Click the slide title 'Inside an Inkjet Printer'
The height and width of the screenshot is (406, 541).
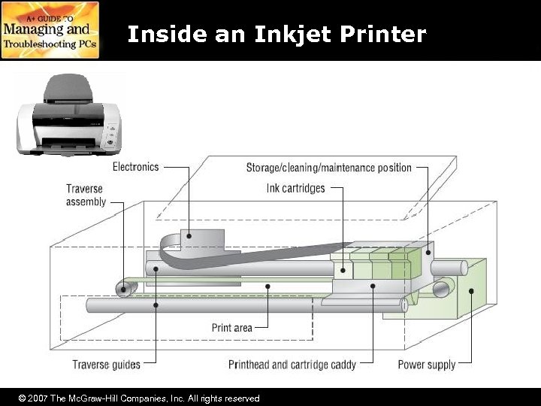(277, 34)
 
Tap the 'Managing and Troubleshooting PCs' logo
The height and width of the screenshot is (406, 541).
(50, 30)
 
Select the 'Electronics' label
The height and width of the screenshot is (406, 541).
(136, 166)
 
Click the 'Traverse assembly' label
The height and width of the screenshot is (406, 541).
(86, 195)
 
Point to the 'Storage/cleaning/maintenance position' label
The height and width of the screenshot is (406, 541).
(329, 167)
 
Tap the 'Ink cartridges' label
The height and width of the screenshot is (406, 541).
(295, 187)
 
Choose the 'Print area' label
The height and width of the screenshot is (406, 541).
(231, 327)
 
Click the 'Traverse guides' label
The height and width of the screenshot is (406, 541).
(106, 365)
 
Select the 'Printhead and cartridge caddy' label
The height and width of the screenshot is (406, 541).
(292, 365)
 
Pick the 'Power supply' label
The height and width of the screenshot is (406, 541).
(426, 365)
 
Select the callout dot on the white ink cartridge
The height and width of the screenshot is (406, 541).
(343, 268)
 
